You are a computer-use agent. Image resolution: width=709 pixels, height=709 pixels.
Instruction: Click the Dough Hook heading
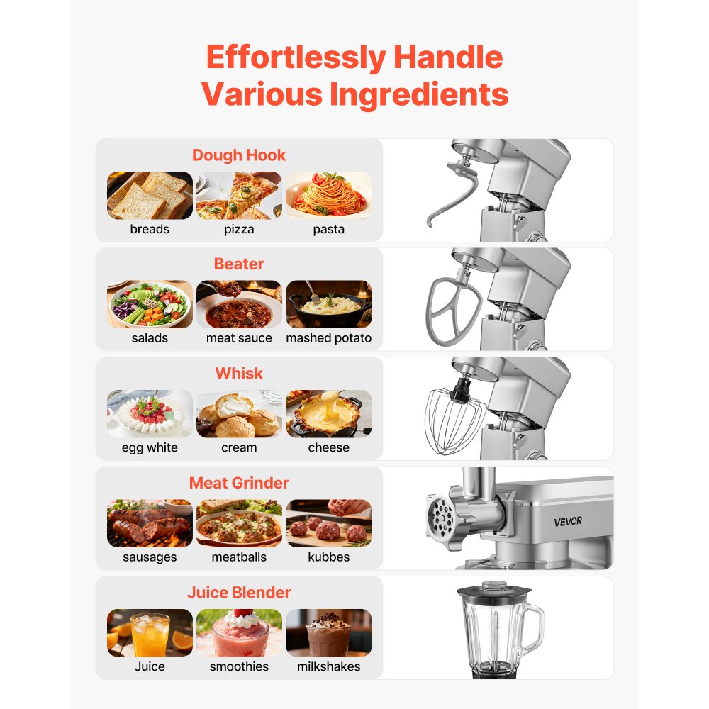coord(239,155)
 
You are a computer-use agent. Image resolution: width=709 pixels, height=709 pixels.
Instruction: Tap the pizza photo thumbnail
coord(239,196)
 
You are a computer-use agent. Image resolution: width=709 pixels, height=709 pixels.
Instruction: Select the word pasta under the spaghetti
coord(328,229)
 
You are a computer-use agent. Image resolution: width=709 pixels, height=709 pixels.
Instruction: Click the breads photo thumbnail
coord(150,196)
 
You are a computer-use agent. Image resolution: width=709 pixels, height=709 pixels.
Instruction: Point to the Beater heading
coord(239,264)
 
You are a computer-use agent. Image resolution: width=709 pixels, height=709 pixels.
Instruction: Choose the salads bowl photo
coord(150,305)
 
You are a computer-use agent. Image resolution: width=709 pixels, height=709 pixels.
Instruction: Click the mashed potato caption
coord(328,338)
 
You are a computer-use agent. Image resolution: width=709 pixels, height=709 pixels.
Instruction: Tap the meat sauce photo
coord(239,305)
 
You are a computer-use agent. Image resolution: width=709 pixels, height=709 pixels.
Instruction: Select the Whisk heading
coord(239,374)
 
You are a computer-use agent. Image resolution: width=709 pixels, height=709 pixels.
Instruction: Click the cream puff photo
coord(239,414)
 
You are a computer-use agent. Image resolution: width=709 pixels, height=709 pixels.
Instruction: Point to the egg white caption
coord(150,447)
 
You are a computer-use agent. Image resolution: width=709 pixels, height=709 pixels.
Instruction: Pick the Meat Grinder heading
coord(239,484)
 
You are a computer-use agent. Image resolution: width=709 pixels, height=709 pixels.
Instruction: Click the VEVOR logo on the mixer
coord(568,521)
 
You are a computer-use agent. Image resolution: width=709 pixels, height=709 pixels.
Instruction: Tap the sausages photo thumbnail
coord(150,523)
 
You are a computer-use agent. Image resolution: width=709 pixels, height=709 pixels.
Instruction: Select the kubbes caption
coord(328,557)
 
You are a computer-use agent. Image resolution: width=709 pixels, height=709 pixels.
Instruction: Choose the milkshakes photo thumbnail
coord(328,632)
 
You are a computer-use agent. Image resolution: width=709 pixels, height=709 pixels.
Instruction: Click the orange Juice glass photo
coord(150,632)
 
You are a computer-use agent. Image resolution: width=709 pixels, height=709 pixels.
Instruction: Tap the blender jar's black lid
coord(493,590)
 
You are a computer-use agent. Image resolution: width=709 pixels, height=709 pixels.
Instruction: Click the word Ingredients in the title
coord(413,94)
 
